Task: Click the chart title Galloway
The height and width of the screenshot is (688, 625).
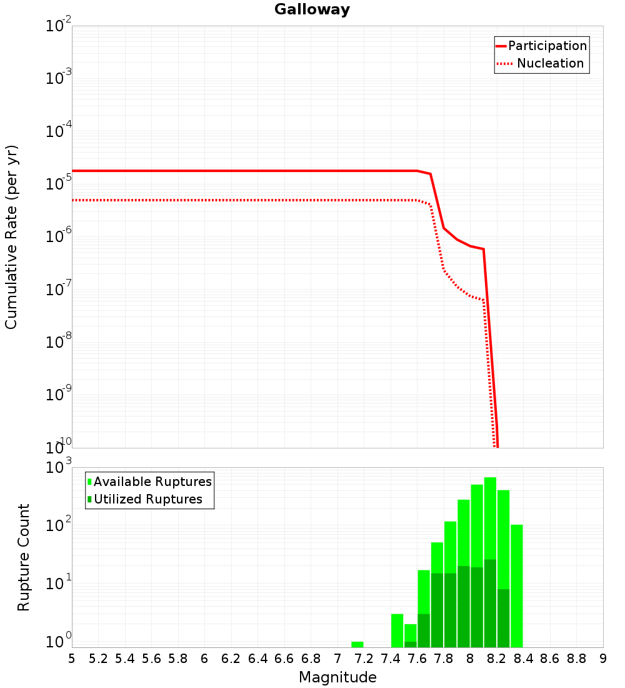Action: pos(312,9)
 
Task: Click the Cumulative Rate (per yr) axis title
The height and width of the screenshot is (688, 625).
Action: pos(11,236)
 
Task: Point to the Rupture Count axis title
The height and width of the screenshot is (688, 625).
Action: pos(24,557)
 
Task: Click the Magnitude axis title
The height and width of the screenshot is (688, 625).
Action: pos(337,677)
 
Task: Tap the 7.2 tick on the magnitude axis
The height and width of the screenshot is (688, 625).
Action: pos(364,659)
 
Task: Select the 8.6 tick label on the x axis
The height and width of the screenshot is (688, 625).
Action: pos(550,659)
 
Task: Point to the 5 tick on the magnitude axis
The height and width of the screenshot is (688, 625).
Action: pos(72,659)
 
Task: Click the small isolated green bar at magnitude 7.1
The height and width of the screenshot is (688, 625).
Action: pos(357,644)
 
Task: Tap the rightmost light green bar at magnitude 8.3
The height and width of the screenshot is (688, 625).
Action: pos(517,585)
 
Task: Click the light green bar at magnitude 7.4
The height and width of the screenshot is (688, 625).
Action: pos(397,630)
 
